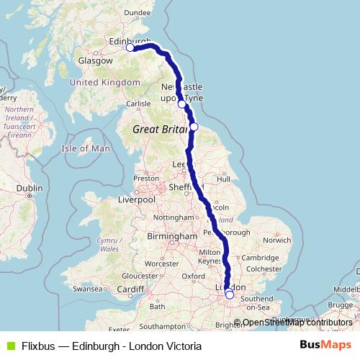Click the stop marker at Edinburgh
click(130, 48)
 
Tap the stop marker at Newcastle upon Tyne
click(182, 104)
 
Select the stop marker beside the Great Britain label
click(194, 127)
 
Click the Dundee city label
click(137, 12)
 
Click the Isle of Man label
click(86, 148)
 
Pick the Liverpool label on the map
click(138, 199)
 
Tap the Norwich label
click(276, 240)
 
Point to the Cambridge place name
click(261, 258)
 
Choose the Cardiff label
click(132, 289)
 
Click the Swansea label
click(88, 288)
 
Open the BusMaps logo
click(325, 345)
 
